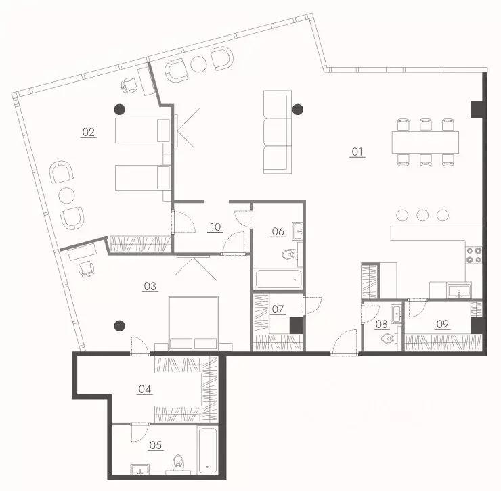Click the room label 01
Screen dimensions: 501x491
point(357,151)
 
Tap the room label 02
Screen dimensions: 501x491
point(89,132)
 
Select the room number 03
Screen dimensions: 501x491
point(150,286)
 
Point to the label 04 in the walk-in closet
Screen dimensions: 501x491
point(145,389)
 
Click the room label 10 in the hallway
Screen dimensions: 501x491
point(215,227)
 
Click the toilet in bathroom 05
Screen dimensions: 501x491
point(178,463)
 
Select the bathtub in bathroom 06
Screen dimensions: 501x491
point(278,279)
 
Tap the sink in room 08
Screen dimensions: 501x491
point(397,314)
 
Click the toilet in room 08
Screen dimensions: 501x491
point(389,337)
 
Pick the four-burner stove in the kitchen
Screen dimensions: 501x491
point(474,255)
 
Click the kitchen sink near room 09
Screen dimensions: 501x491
point(459,291)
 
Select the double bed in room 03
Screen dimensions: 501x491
point(194,323)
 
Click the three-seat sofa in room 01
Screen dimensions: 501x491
point(278,132)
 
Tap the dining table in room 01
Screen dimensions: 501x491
point(425,142)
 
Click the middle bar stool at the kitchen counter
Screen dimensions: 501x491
point(422,216)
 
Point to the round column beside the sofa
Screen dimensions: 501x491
point(298,110)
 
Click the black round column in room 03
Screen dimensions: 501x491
point(120,325)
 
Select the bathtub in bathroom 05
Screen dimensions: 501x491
point(208,451)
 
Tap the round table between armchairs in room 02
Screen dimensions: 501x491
point(66,195)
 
